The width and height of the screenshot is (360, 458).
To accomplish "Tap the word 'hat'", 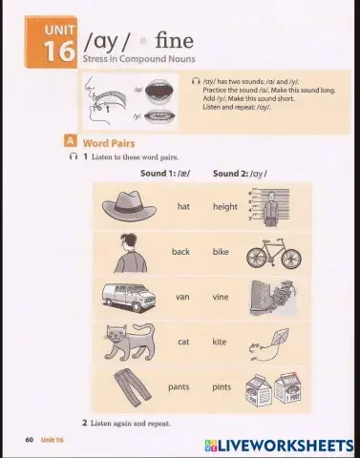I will [183, 206].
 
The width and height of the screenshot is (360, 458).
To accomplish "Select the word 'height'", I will [225, 206].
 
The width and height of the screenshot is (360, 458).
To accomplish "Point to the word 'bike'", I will [221, 252].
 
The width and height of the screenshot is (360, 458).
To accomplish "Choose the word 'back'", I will [180, 252].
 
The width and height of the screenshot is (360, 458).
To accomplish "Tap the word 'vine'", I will [221, 297].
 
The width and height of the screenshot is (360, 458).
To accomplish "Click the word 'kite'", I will [220, 342].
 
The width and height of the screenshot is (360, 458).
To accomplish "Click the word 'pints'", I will [221, 387].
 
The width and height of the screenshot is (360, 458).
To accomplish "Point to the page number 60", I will [29, 439].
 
